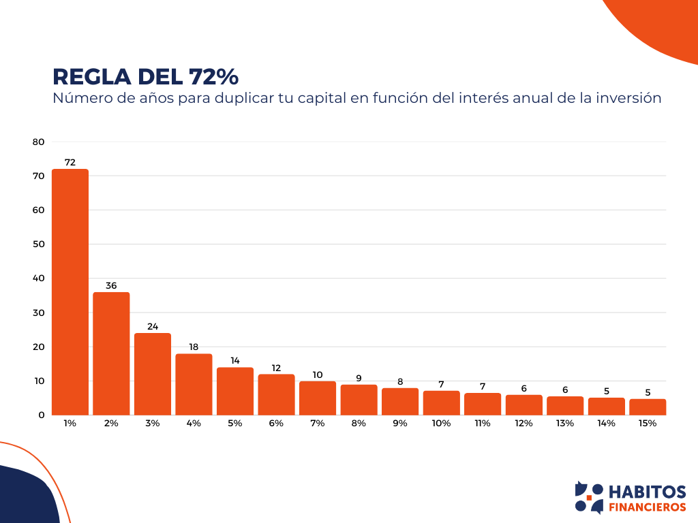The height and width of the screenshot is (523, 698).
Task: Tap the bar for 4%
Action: [194, 384]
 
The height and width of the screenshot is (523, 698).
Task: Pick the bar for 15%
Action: [648, 407]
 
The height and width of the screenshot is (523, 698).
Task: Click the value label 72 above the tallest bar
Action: [70, 162]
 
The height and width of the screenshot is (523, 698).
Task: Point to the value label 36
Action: [111, 285]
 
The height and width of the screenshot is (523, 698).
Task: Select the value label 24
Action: [153, 326]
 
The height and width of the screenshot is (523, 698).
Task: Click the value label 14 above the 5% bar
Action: [235, 360]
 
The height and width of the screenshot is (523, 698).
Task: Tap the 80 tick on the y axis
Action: [38, 142]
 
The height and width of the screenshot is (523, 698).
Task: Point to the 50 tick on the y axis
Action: [38, 244]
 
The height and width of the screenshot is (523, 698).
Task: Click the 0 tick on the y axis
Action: [42, 415]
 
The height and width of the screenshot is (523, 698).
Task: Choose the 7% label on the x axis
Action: [318, 423]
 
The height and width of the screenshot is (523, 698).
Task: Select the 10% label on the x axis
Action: [441, 423]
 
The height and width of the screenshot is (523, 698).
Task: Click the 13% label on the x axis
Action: [565, 423]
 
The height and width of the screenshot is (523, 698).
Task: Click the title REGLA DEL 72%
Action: [145, 76]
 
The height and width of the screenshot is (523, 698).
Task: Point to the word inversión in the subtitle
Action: [628, 98]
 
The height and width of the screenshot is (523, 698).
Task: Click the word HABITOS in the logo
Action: [646, 492]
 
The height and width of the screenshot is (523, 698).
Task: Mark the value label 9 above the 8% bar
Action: [359, 378]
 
